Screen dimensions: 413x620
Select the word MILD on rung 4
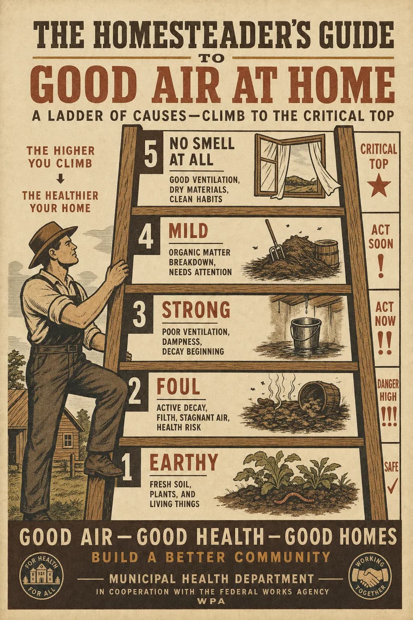point(188,231)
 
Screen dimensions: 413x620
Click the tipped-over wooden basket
point(319,397)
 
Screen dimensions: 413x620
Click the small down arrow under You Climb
point(60,180)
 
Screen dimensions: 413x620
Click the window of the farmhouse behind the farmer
point(68,440)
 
